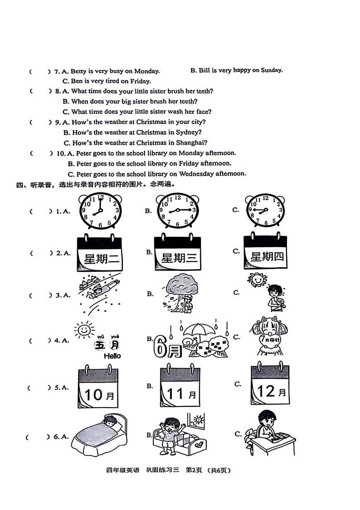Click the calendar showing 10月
pyautogui.click(x=99, y=388)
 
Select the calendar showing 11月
pyautogui.click(x=180, y=387)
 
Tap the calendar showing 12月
pyautogui.click(x=271, y=385)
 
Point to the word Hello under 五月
pyautogui.click(x=112, y=356)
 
